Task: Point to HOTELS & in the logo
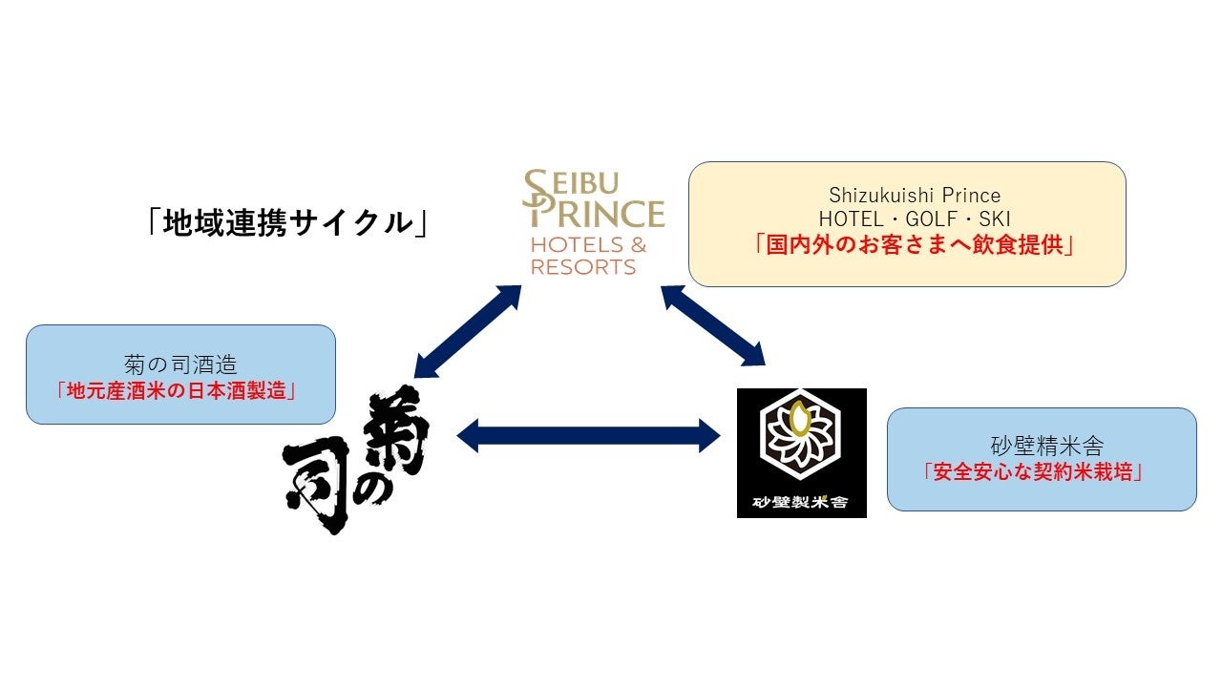588,245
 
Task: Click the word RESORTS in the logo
583,267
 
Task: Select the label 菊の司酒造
180,364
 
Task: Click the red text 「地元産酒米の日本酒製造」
180,389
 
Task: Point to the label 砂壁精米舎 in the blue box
1042,446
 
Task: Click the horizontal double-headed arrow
588,436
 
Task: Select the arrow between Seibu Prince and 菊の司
469,330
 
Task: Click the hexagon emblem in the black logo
801,438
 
